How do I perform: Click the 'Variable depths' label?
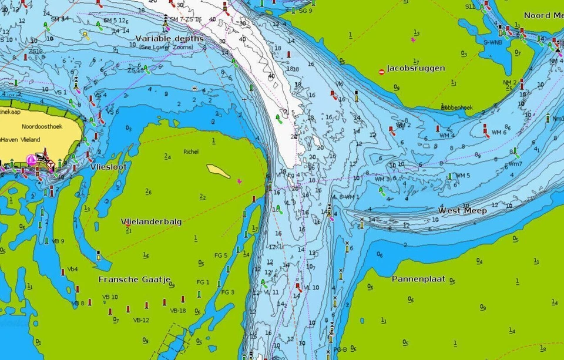[170, 38]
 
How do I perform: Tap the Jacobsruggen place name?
[415, 68]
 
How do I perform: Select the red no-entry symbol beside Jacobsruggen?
[382, 72]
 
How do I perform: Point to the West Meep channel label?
[462, 210]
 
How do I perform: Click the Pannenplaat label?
[418, 278]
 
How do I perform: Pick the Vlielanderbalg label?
[151, 222]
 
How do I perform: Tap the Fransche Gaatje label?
[134, 279]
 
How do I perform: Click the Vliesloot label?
[109, 167]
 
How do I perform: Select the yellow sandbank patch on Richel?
[218, 171]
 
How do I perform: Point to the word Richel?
[191, 152]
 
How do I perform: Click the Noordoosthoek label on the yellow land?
[42, 126]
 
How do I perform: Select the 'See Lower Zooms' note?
[170, 46]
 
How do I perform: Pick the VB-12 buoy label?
[141, 320]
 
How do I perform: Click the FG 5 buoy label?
[220, 255]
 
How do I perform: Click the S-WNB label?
[492, 42]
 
